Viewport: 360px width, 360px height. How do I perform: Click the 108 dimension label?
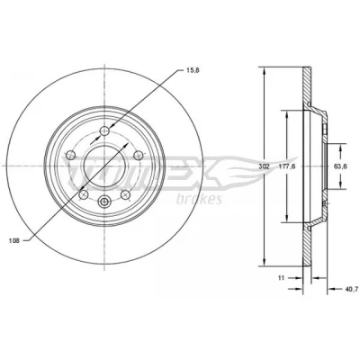pyautogui.click(x=14, y=240)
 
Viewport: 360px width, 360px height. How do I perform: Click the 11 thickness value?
pyautogui.click(x=281, y=278)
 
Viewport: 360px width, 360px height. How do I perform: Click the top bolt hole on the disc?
pyautogui.click(x=104, y=130)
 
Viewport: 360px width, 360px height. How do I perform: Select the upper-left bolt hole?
pyautogui.click(x=71, y=155)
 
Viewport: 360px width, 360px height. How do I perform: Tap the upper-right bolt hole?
pyautogui.click(x=138, y=155)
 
